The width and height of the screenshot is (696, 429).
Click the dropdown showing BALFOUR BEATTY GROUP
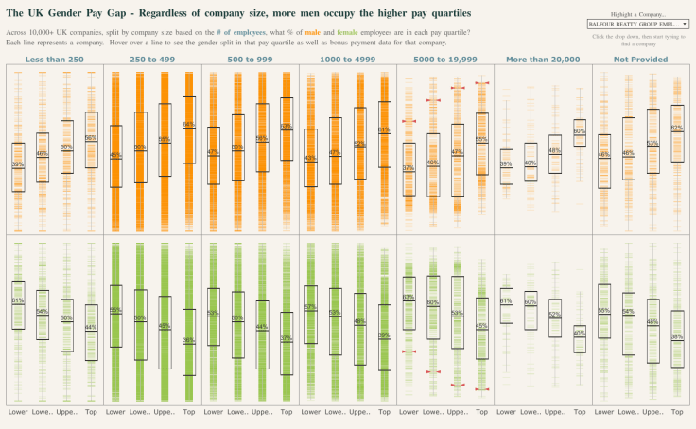coord(638,23)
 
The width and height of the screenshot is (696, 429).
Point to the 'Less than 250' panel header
coord(55,59)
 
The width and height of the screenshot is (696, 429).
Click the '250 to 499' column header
coord(152,59)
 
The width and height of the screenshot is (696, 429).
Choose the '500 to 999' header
coord(250,59)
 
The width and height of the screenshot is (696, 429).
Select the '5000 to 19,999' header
coord(444,59)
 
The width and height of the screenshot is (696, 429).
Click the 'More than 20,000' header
coord(542,59)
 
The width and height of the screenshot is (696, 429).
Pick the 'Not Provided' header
coord(639,59)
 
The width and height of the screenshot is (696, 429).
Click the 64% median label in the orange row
coord(188,125)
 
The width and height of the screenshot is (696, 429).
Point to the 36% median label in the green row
coord(188,340)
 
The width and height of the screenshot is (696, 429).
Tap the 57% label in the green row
coord(310,307)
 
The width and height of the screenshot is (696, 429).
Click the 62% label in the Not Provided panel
coord(676,128)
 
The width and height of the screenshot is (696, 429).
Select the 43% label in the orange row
coord(310,159)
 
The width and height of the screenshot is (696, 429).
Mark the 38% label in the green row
coord(676,336)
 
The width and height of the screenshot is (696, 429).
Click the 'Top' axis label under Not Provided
coord(676,413)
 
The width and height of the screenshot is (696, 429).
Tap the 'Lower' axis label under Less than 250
coord(18,413)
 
